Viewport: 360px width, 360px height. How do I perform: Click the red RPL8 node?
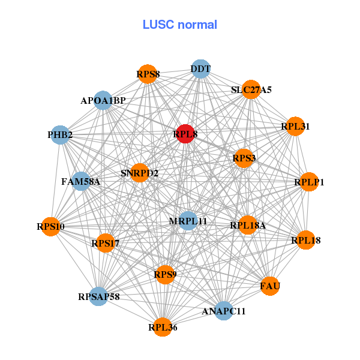click(x=186, y=134)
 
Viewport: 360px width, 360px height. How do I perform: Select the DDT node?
click(x=200, y=69)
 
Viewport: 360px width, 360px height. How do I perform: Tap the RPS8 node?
click(x=148, y=74)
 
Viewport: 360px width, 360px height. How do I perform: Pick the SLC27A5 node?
click(x=251, y=90)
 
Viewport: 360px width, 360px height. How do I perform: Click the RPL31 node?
click(x=295, y=127)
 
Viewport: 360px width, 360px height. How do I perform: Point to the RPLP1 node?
click(x=308, y=182)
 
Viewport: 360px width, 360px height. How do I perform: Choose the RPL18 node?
click(x=305, y=241)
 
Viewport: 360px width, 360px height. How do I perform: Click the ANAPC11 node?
click(x=224, y=311)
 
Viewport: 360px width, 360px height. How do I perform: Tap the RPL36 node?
click(x=163, y=327)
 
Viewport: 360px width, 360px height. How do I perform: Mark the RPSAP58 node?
click(x=99, y=296)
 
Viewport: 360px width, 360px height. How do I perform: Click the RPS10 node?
click(x=50, y=227)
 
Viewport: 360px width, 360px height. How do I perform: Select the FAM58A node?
click(x=81, y=181)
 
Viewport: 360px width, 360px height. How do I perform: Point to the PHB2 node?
click(x=60, y=135)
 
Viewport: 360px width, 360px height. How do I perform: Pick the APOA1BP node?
click(x=103, y=100)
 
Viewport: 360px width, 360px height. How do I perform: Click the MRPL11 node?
click(x=188, y=221)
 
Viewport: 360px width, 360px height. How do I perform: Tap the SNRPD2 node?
click(x=139, y=173)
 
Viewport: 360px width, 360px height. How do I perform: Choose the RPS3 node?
click(x=244, y=158)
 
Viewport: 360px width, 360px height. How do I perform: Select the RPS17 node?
click(x=106, y=243)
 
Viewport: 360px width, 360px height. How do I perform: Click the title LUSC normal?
click(x=180, y=25)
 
